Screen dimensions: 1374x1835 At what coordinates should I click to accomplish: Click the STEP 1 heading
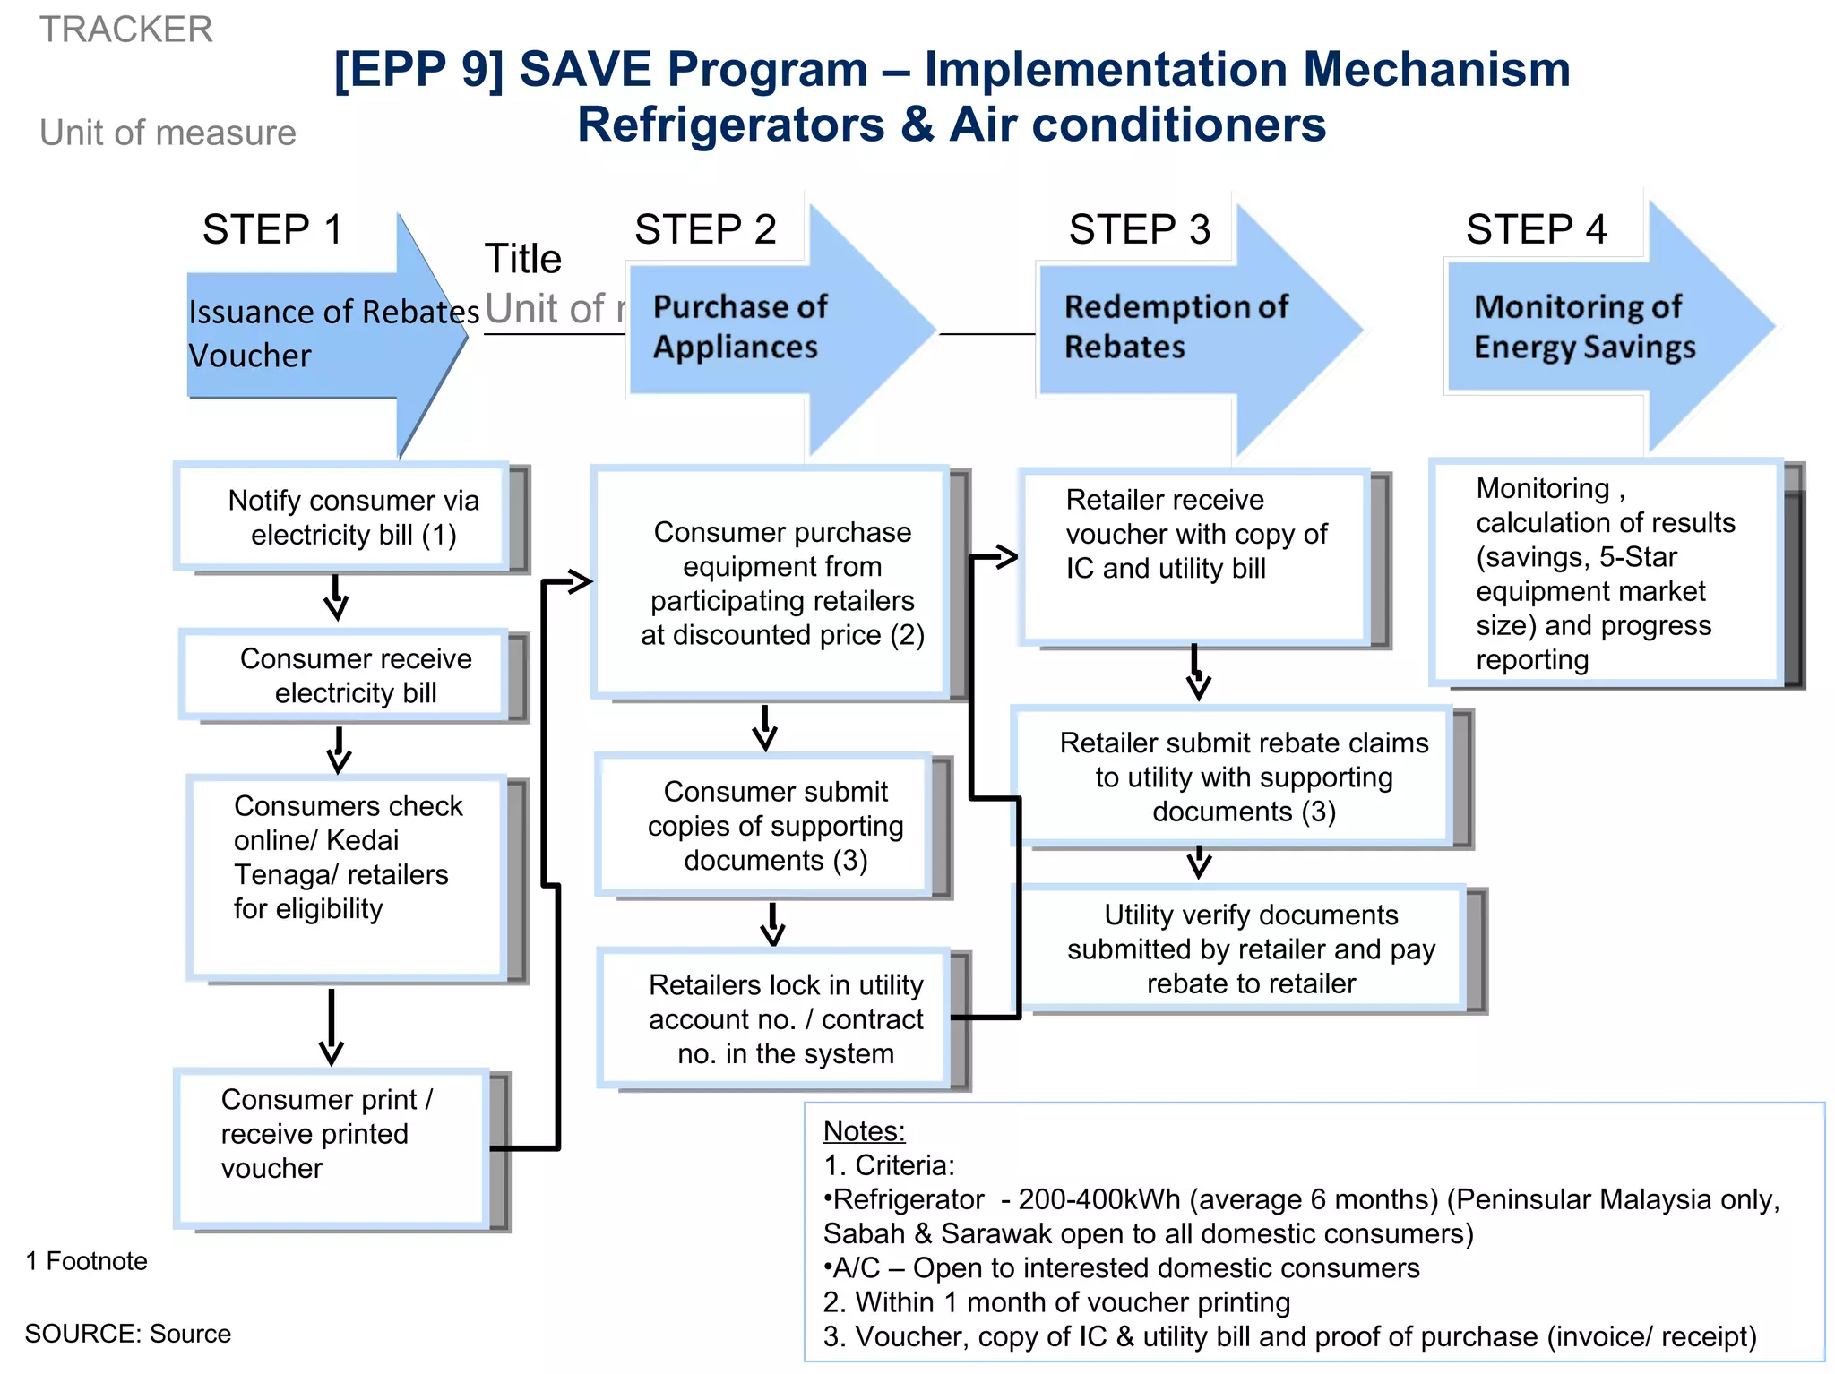[x=272, y=229]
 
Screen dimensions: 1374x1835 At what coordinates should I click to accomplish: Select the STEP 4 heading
[x=1536, y=229]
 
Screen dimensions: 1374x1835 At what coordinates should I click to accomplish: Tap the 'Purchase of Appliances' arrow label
[x=739, y=327]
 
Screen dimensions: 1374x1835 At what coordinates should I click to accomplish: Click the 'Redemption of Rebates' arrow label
[x=1175, y=327]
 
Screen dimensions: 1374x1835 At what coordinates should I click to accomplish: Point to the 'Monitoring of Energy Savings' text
[x=1583, y=327]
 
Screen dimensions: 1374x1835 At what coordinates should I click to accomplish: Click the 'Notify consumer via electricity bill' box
[x=353, y=518]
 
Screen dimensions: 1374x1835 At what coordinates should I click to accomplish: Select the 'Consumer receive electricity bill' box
[x=355, y=675]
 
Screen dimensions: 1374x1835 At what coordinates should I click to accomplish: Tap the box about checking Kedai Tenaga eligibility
[x=348, y=857]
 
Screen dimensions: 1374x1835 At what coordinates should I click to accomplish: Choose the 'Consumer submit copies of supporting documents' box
[x=774, y=826]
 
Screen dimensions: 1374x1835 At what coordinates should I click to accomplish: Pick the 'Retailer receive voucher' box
[x=1195, y=535]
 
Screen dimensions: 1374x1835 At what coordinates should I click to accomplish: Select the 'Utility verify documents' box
[x=1250, y=949]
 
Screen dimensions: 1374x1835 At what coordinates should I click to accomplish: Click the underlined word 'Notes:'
[x=864, y=1131]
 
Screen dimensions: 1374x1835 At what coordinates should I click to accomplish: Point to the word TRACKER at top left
[x=126, y=30]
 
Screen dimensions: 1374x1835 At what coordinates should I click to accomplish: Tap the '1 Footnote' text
[x=87, y=1261]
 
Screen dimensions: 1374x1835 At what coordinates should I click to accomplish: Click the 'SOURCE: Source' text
[x=128, y=1334]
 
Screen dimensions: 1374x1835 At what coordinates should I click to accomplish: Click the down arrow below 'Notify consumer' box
[x=336, y=599]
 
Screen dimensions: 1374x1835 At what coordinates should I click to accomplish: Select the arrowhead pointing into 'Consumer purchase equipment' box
[x=580, y=582]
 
